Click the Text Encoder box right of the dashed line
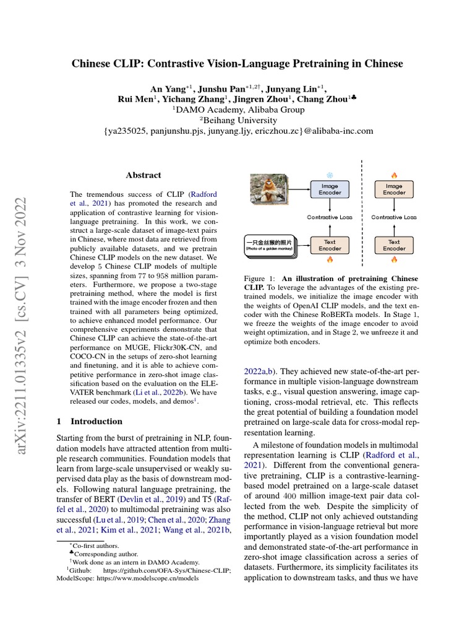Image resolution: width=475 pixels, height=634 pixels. coord(394,245)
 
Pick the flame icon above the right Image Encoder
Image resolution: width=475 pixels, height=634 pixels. coord(395,175)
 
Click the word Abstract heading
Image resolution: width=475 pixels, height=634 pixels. coord(143,175)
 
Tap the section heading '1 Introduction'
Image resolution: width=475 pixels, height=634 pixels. coord(90,421)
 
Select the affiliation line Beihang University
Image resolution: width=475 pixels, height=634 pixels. coord(237,120)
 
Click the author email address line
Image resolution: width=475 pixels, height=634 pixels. coord(237,131)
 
